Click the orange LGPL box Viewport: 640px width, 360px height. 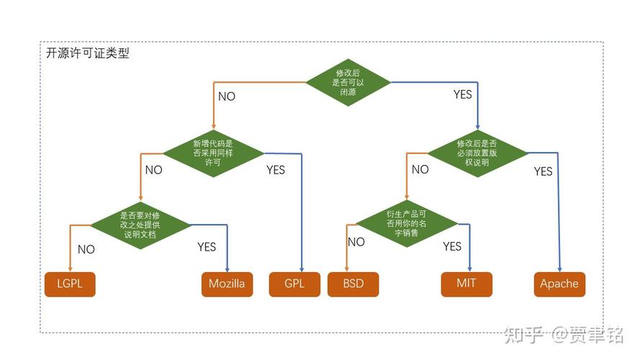[70, 284]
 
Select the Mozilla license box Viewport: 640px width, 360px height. [227, 284]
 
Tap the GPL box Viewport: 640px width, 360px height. [294, 284]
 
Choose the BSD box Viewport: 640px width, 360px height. [353, 284]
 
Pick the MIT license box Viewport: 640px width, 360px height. [467, 284]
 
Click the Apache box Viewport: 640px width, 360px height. [559, 284]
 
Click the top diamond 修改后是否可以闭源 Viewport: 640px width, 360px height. [348, 83]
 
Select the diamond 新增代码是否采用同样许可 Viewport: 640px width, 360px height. [213, 153]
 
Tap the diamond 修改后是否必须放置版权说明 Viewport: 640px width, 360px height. [477, 153]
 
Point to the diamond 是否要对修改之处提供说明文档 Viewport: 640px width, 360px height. [140, 225]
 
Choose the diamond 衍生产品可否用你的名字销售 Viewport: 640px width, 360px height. [407, 224]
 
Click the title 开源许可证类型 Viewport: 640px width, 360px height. [87, 53]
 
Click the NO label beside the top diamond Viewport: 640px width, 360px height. [227, 96]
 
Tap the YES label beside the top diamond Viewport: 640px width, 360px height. [462, 95]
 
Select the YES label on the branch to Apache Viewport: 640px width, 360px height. [544, 171]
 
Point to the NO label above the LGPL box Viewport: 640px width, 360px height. [86, 249]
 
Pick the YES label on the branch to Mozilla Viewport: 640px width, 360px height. [207, 247]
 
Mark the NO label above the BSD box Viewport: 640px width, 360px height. [356, 242]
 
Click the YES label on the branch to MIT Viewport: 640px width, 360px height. [452, 246]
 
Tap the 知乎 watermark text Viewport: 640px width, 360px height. [523, 335]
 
